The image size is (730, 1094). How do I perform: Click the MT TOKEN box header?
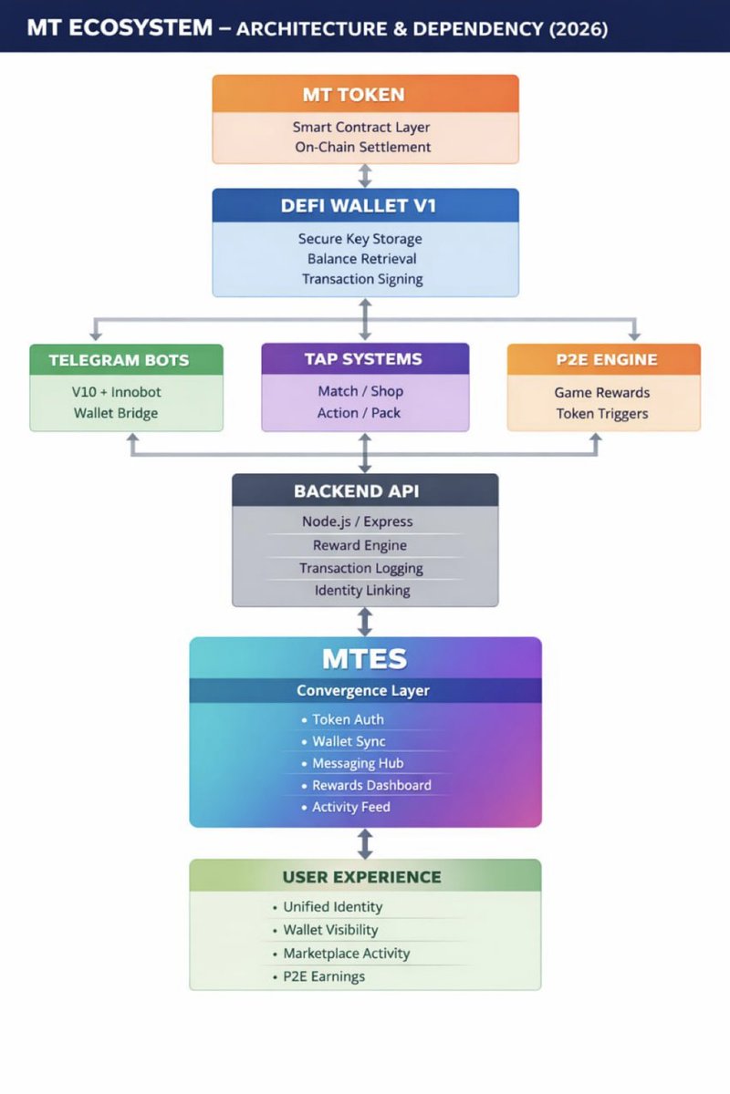(x=365, y=94)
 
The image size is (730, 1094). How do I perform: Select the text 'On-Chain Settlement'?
(x=362, y=147)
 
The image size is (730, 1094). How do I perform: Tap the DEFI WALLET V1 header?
(x=365, y=206)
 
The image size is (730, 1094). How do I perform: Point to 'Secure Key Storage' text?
(x=360, y=239)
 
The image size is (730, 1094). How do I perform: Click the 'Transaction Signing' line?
(x=362, y=279)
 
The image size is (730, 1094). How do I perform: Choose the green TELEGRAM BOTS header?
(x=126, y=360)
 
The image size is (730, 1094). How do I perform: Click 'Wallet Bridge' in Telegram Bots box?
(x=116, y=413)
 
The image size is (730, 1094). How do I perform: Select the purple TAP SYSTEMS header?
(x=365, y=359)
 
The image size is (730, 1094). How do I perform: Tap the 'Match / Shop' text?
(x=360, y=391)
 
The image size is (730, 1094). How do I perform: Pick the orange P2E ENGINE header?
(x=603, y=359)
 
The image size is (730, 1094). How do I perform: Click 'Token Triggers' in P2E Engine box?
(x=602, y=414)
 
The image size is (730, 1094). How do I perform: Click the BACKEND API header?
(x=365, y=490)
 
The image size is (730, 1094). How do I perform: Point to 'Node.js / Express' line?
(x=357, y=521)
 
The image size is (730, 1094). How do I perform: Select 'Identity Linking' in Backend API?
(x=362, y=590)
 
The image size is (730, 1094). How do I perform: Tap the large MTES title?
(x=365, y=658)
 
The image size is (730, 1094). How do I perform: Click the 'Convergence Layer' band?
(x=365, y=691)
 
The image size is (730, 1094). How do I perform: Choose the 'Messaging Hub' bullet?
(x=358, y=763)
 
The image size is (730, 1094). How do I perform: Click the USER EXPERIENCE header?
(x=365, y=877)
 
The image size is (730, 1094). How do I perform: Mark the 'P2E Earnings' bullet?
(x=324, y=976)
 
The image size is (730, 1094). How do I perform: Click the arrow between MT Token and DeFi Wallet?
(x=365, y=176)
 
